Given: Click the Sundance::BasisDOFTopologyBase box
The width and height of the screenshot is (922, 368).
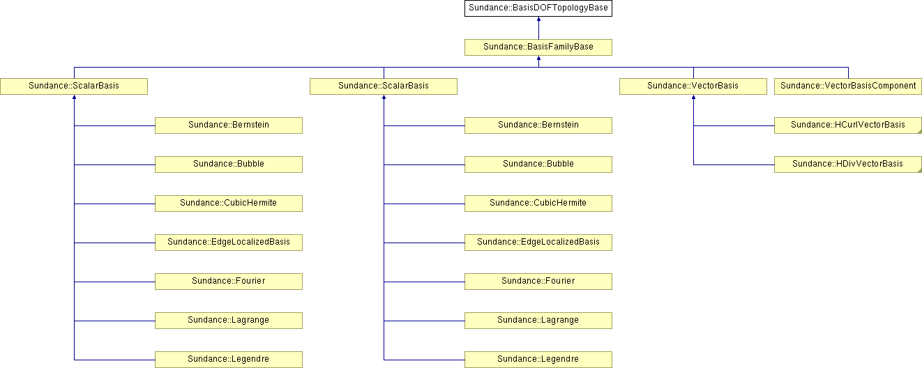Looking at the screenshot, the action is pos(538,8).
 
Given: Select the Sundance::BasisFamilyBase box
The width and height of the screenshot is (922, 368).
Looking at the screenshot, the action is pos(538,47).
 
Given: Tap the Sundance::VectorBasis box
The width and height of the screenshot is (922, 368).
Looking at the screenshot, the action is pos(693,86).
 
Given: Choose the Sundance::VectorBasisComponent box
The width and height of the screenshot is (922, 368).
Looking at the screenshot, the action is pos(848,86).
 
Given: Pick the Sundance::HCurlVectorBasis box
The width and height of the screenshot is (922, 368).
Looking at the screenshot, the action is pos(848,125).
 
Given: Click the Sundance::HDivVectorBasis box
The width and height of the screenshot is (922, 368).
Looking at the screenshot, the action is pos(848,164).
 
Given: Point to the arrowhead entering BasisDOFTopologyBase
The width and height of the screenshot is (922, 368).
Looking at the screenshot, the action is pos(538,19).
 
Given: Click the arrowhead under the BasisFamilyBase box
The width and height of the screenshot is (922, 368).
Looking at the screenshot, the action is pos(538,58).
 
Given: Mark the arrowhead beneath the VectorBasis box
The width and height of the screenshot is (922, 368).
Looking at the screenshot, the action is pos(693,97).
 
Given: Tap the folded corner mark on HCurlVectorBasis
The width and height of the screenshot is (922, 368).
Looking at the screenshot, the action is pos(919,131).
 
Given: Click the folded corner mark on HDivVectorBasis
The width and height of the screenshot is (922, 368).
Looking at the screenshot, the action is pos(919,170).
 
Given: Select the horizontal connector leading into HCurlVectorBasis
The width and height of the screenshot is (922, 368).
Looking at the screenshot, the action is pos(734,126).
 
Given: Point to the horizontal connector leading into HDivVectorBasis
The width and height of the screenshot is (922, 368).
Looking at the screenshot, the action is pos(734,165).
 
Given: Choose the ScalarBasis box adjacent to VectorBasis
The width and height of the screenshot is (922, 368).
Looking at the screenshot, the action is pos(383,86).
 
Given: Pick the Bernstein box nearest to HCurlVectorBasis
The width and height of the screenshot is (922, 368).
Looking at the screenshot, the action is pos(538,125).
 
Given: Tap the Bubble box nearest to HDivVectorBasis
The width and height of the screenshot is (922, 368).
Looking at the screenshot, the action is pos(538,164).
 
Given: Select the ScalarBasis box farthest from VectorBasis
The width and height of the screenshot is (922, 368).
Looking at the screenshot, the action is pos(74,86).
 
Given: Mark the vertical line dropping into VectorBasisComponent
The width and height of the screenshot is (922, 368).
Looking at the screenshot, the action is pos(848,72).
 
